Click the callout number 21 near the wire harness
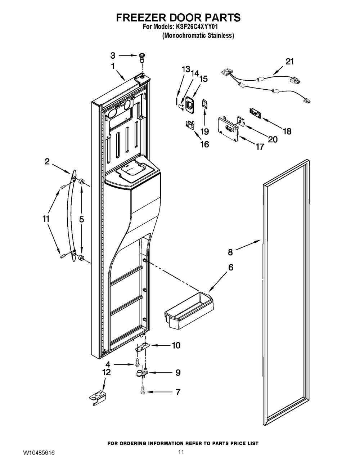coord(289,62)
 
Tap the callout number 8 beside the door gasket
coord(230,252)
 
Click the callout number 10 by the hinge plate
coord(176,345)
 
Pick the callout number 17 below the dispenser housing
coord(260,147)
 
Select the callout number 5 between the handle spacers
coord(82,219)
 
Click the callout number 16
coord(205,144)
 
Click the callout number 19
coord(205,131)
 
